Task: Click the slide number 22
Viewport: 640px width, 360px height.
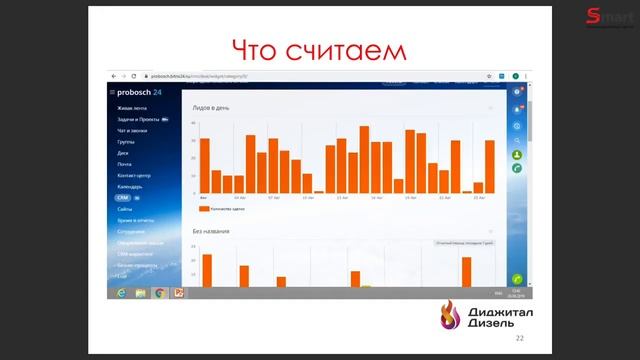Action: click(519, 339)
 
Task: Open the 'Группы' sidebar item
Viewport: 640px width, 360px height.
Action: click(125, 142)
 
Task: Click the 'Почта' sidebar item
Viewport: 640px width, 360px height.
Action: click(124, 164)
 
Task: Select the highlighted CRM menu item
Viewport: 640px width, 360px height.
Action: click(123, 198)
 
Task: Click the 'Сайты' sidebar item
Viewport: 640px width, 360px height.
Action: click(125, 209)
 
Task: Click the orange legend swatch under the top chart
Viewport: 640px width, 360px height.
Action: click(204, 210)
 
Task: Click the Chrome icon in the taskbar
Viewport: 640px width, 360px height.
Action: click(159, 292)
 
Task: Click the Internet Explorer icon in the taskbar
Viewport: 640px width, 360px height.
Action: click(122, 292)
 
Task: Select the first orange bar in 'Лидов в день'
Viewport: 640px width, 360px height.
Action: click(204, 165)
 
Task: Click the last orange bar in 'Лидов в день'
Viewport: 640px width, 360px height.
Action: click(490, 166)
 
